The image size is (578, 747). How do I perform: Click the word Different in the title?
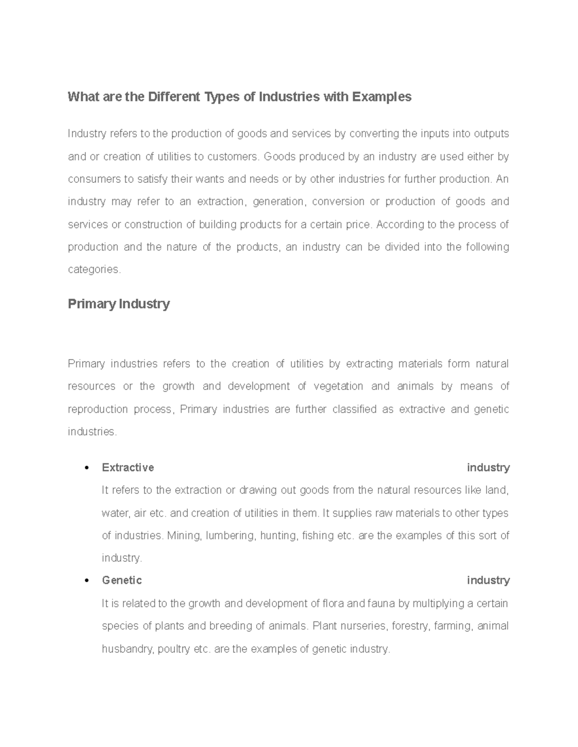(175, 97)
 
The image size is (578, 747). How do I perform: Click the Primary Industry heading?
(119, 304)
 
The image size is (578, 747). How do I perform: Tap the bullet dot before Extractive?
(87, 468)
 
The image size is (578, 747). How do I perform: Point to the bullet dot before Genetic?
(87, 581)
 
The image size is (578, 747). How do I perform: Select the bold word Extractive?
(128, 468)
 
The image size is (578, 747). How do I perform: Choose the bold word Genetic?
(122, 581)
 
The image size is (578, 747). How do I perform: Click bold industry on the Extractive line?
(488, 468)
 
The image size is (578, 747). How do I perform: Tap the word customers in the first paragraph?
(232, 157)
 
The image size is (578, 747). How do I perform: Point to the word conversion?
(338, 202)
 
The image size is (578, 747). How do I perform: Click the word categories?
(93, 270)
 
